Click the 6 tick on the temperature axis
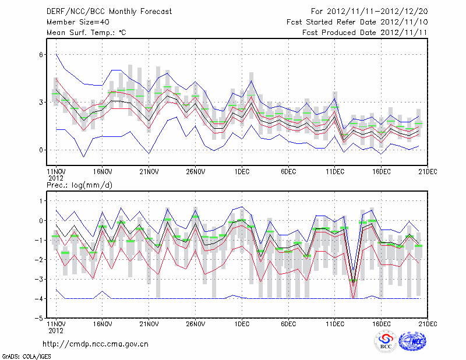coord(41,55)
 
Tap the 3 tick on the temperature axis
coord(41,103)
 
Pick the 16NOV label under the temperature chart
coord(102,172)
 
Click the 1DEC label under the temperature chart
coord(242,172)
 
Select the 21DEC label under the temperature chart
coord(428,172)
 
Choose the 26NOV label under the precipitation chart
coord(195,324)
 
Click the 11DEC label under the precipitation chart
coord(335,324)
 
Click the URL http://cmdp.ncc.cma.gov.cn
coord(96,344)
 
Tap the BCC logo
coord(386,342)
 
